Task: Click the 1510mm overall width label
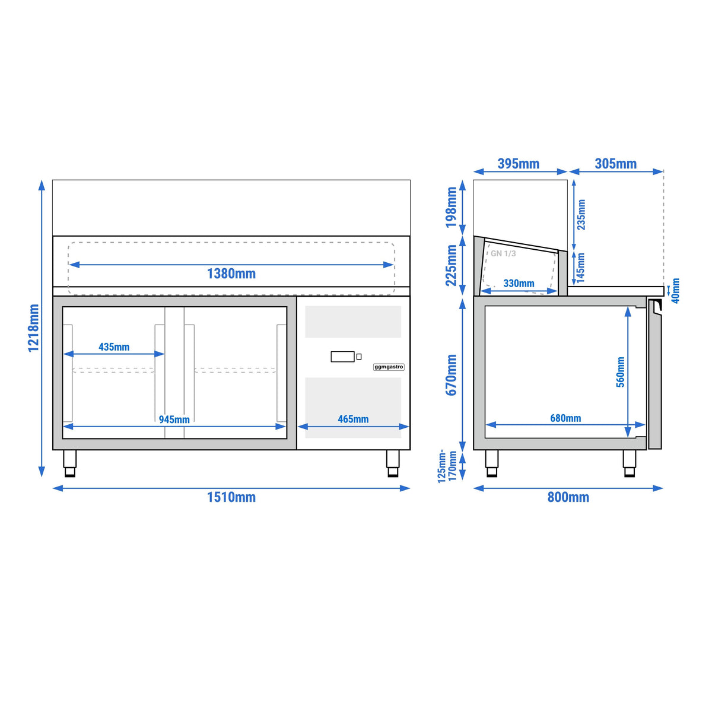(x=231, y=497)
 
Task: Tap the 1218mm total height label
(x=34, y=328)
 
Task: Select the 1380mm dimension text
(x=231, y=274)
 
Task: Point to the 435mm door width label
(x=114, y=347)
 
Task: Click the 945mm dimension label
(x=174, y=419)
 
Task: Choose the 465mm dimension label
(x=353, y=419)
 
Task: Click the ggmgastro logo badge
(x=388, y=367)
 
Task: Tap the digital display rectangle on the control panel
(x=342, y=357)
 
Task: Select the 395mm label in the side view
(x=518, y=163)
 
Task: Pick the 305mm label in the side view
(x=615, y=163)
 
